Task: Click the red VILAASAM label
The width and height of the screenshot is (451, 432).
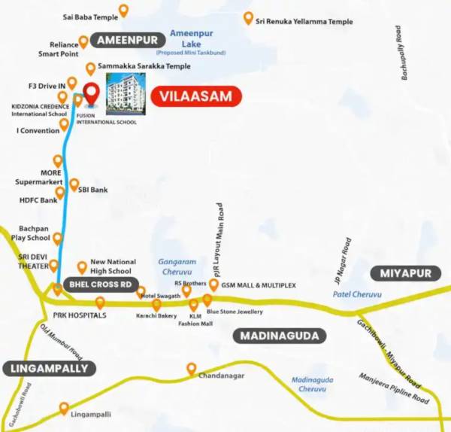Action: [x=196, y=96]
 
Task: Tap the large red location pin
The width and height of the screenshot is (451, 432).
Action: [x=91, y=95]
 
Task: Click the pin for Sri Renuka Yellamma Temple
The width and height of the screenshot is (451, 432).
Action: [x=248, y=17]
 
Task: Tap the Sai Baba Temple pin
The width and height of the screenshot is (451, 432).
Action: [x=123, y=10]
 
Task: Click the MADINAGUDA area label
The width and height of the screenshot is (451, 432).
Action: [x=280, y=336]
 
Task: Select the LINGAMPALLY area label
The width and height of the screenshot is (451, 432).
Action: [x=50, y=368]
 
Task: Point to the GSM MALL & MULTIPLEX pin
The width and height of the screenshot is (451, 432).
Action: [x=213, y=285]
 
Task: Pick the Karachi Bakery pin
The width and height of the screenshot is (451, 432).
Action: [x=156, y=305]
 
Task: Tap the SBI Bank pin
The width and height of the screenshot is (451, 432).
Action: [x=74, y=184]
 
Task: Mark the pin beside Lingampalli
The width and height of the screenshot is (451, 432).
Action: [x=64, y=408]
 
